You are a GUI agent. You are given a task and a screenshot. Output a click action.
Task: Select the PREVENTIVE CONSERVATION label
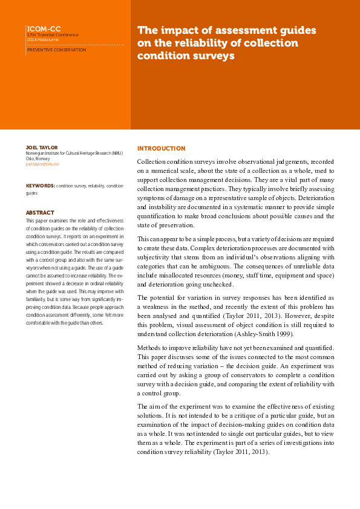(57, 50)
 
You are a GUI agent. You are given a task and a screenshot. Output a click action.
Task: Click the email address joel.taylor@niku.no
(43, 164)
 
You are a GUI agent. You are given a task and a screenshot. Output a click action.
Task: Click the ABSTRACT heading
(40, 212)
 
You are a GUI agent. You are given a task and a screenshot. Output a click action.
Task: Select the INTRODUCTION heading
(162, 148)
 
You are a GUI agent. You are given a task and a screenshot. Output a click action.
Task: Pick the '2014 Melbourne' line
(42, 39)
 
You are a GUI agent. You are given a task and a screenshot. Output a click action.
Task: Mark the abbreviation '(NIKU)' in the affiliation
(116, 153)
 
